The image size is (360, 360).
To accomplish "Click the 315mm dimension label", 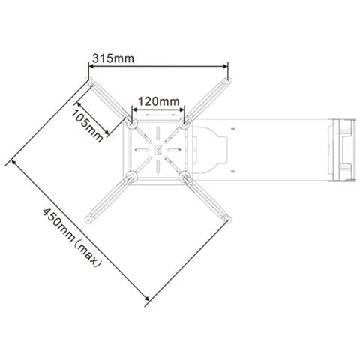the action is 113,58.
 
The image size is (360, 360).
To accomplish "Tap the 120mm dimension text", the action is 159,101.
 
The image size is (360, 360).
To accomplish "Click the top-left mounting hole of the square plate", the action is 132,124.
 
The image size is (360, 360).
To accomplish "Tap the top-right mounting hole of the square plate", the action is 184,124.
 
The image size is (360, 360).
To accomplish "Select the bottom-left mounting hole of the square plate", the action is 132,176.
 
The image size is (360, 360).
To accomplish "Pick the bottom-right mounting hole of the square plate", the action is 184,176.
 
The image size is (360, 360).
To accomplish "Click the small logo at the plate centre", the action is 158,150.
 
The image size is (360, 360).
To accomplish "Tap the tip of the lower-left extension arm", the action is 88,220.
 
